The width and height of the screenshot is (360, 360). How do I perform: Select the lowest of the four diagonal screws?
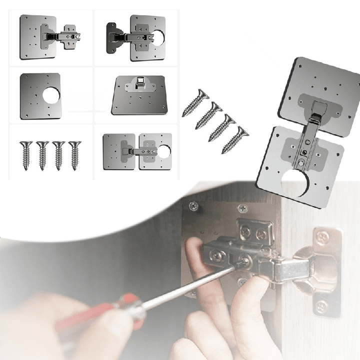(x=235, y=139)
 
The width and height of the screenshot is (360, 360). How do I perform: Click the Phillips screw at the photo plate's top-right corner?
(x=243, y=208)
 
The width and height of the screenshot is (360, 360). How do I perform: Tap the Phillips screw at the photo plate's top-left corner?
(x=193, y=205)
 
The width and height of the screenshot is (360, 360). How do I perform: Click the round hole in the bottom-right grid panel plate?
(x=163, y=151)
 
